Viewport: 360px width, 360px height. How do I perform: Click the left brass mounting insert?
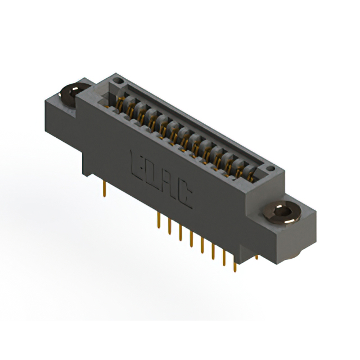[x=71, y=93]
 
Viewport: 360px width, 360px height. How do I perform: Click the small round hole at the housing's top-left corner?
[x=118, y=82]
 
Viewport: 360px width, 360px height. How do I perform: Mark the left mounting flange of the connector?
[x=65, y=104]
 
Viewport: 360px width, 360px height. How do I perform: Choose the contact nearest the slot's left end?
[x=119, y=102]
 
